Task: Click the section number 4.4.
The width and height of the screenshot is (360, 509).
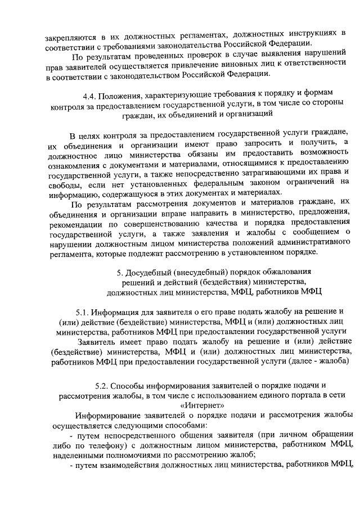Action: [89, 92]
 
